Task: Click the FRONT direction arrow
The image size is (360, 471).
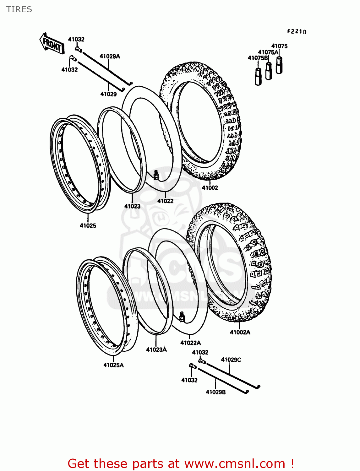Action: click(52, 44)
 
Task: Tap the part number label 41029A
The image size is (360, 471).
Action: click(110, 57)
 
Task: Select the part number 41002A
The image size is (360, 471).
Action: click(240, 332)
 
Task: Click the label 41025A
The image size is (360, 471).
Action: click(113, 365)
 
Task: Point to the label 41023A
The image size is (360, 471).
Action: click(156, 349)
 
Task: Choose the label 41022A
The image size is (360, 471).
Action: click(190, 343)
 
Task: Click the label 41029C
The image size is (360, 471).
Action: click(231, 360)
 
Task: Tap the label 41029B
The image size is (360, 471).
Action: click(215, 392)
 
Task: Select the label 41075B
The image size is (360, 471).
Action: click(258, 58)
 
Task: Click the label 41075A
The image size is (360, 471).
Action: click(268, 52)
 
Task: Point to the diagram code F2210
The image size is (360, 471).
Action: click(297, 31)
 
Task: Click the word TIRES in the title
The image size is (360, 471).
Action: click(19, 9)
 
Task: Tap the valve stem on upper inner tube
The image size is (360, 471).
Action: click(156, 175)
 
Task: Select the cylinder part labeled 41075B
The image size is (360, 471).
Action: click(258, 77)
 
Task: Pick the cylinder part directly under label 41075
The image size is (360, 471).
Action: click(279, 65)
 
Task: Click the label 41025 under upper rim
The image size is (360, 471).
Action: click(88, 225)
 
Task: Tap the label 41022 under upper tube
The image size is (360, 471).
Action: click(165, 201)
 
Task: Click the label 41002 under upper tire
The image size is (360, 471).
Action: click(210, 188)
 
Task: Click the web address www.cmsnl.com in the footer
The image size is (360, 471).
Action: click(235, 463)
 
